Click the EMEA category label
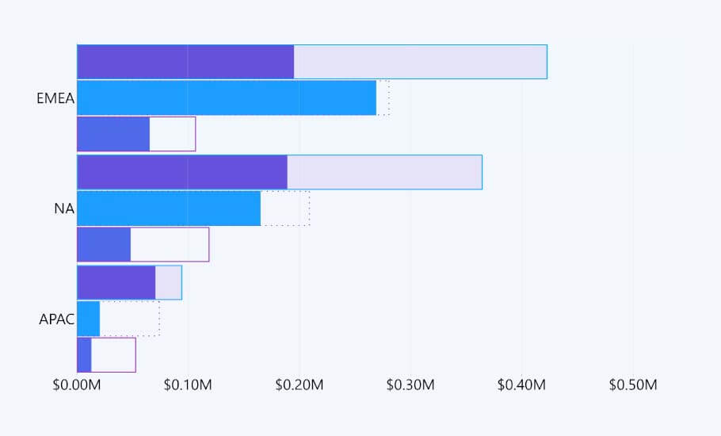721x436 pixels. point(55,99)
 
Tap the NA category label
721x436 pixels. point(64,209)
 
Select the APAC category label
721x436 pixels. point(57,320)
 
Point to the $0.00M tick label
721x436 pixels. point(77,385)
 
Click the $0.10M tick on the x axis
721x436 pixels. point(188,385)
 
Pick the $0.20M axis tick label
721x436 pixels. point(299,385)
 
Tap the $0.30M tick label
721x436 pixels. point(410,385)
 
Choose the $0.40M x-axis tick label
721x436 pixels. point(522,385)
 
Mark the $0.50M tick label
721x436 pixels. point(633,385)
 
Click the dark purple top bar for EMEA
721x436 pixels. point(185,62)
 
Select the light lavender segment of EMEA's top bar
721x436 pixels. point(420,62)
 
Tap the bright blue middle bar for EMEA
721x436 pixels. point(227,98)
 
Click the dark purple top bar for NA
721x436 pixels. point(182,172)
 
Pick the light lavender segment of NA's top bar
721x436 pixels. point(384,172)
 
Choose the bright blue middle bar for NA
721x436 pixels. point(169,208)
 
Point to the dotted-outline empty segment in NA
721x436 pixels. point(285,208)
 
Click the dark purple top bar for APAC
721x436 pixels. point(116,282)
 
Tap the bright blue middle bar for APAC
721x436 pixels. point(89,319)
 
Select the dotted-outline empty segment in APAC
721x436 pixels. point(130,319)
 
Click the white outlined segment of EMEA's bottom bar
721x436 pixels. point(172,134)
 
